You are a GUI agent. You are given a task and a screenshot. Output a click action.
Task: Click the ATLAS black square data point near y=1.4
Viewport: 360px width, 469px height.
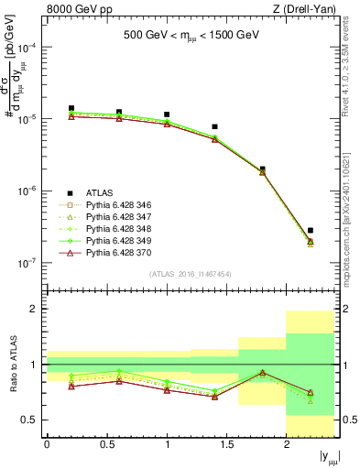pyautogui.click(x=214, y=126)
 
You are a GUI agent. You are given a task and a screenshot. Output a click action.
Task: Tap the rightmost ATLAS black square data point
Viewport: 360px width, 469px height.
pyautogui.click(x=311, y=230)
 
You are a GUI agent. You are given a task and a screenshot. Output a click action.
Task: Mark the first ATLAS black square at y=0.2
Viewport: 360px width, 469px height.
pyautogui.click(x=71, y=108)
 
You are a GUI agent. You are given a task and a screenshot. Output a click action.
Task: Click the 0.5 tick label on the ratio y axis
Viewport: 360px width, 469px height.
pyautogui.click(x=29, y=420)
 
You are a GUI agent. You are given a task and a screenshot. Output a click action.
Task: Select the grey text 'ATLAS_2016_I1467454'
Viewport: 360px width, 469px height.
pyautogui.click(x=191, y=273)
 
